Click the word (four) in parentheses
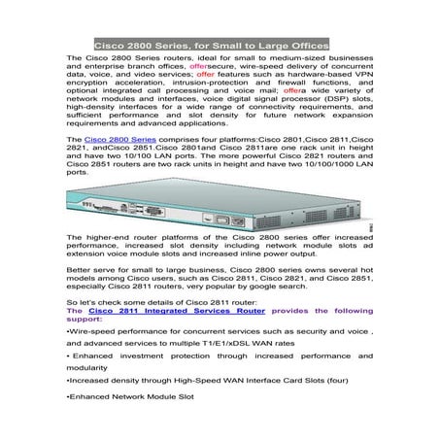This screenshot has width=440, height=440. (x=351, y=411)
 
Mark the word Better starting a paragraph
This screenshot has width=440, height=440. (x=81, y=267)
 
